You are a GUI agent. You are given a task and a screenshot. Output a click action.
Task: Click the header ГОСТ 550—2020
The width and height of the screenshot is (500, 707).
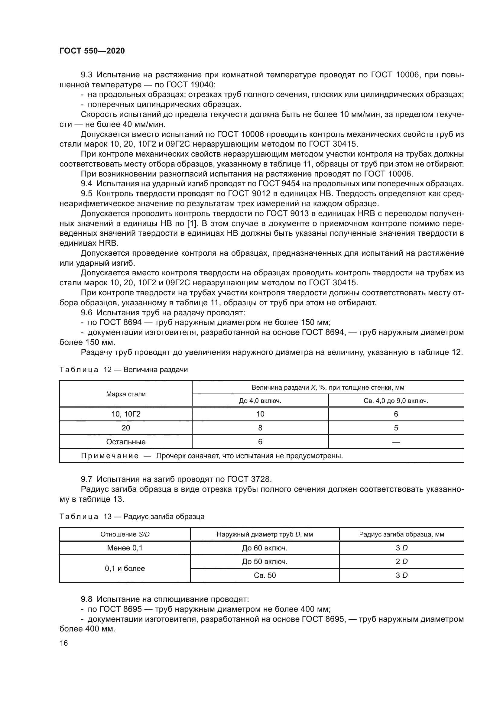(92, 51)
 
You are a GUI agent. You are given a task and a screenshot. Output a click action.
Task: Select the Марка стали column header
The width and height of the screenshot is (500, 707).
(126, 394)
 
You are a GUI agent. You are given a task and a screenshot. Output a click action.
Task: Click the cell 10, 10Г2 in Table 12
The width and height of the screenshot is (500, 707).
(126, 414)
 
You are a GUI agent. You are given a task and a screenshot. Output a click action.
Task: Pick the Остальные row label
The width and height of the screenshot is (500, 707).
(126, 442)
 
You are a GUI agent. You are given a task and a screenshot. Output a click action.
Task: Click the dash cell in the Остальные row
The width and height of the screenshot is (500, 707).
(396, 442)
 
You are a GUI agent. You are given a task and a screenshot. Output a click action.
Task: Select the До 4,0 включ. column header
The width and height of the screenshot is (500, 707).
(260, 401)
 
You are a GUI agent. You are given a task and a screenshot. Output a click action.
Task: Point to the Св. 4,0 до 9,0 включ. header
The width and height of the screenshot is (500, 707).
(396, 401)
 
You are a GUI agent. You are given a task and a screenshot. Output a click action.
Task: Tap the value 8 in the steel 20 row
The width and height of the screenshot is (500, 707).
(260, 428)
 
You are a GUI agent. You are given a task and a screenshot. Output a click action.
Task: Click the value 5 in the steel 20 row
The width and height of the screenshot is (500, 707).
(396, 428)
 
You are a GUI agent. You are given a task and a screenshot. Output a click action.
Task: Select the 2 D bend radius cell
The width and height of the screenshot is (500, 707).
(401, 562)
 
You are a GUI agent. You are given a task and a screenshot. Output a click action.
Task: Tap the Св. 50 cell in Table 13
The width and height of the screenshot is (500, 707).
(265, 575)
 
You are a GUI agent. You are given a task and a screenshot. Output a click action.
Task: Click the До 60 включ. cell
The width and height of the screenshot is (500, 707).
(265, 548)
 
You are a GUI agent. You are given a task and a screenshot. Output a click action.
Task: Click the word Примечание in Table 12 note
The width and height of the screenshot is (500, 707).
(110, 456)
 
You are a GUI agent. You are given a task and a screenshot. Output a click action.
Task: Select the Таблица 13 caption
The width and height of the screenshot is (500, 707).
(132, 516)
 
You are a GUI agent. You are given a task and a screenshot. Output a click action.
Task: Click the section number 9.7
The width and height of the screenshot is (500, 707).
(86, 479)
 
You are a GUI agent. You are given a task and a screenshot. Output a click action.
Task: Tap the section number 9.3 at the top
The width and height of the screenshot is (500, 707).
(86, 75)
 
